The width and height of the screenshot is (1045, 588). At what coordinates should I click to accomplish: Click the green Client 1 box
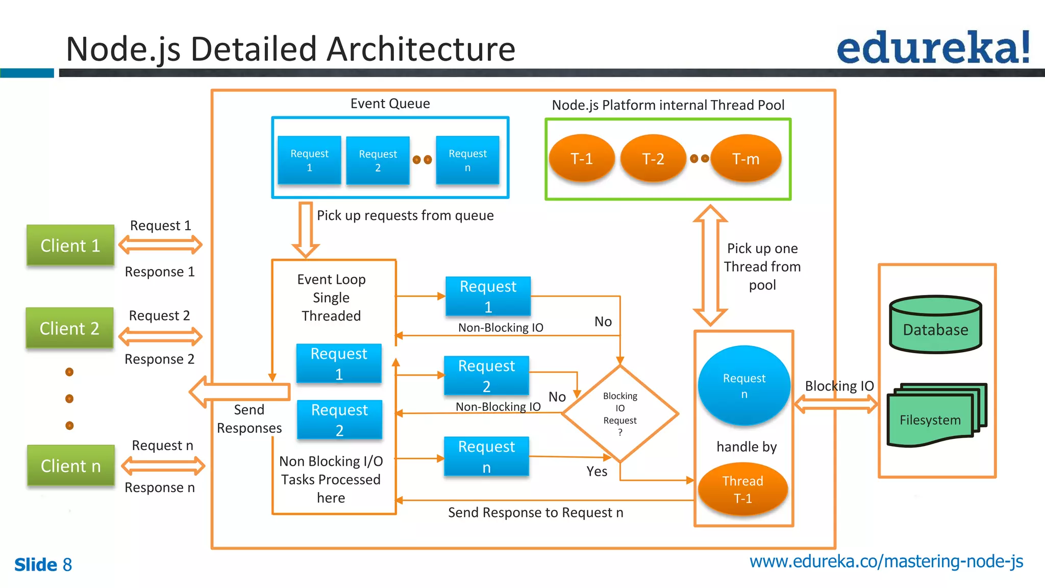(x=70, y=246)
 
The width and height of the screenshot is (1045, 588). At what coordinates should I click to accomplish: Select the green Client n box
(x=71, y=465)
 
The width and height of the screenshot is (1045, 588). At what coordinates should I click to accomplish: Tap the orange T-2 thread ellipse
(x=653, y=159)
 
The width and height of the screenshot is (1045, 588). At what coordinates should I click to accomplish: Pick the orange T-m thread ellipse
(x=745, y=159)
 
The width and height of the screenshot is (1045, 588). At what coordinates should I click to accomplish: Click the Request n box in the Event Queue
(x=467, y=160)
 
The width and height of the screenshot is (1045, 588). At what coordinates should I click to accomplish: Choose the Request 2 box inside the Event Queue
(x=378, y=161)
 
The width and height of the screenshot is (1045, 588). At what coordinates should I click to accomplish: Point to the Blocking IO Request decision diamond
(x=620, y=413)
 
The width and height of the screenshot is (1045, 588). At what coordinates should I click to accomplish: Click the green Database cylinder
(x=935, y=325)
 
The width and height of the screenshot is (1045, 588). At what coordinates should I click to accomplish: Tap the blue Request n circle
(x=744, y=386)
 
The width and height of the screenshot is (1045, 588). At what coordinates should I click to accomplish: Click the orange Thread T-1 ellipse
(x=743, y=489)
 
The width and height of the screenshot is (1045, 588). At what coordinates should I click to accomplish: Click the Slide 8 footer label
(x=43, y=565)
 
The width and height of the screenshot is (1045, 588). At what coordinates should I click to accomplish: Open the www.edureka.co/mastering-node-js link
(x=886, y=561)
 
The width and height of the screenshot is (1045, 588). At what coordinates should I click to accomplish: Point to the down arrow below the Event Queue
(x=306, y=230)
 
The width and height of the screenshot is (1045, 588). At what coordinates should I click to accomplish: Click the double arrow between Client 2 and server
(x=160, y=337)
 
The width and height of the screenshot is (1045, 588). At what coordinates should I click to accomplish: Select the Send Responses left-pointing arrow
(x=240, y=392)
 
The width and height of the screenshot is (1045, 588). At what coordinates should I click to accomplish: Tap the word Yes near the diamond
(x=596, y=471)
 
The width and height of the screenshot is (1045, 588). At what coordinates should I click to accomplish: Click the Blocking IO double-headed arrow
(x=836, y=405)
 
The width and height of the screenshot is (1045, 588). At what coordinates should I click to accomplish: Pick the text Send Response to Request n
(x=535, y=512)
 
